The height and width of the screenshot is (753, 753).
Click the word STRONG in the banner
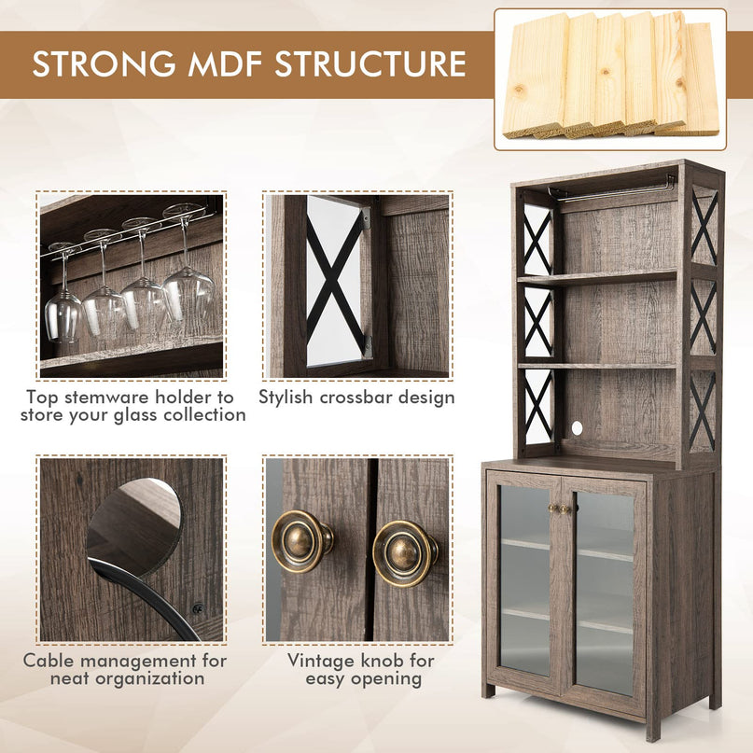pos(104,63)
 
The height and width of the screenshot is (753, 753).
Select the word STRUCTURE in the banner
pos(370,63)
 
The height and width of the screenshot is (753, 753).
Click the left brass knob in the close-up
pos(302,541)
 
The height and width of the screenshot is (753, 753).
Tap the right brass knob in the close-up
pos(405,553)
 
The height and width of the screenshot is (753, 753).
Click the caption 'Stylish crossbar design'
pos(356,397)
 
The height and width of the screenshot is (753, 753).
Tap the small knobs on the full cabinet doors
pos(560,509)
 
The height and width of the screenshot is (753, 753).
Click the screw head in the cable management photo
pos(197,609)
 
